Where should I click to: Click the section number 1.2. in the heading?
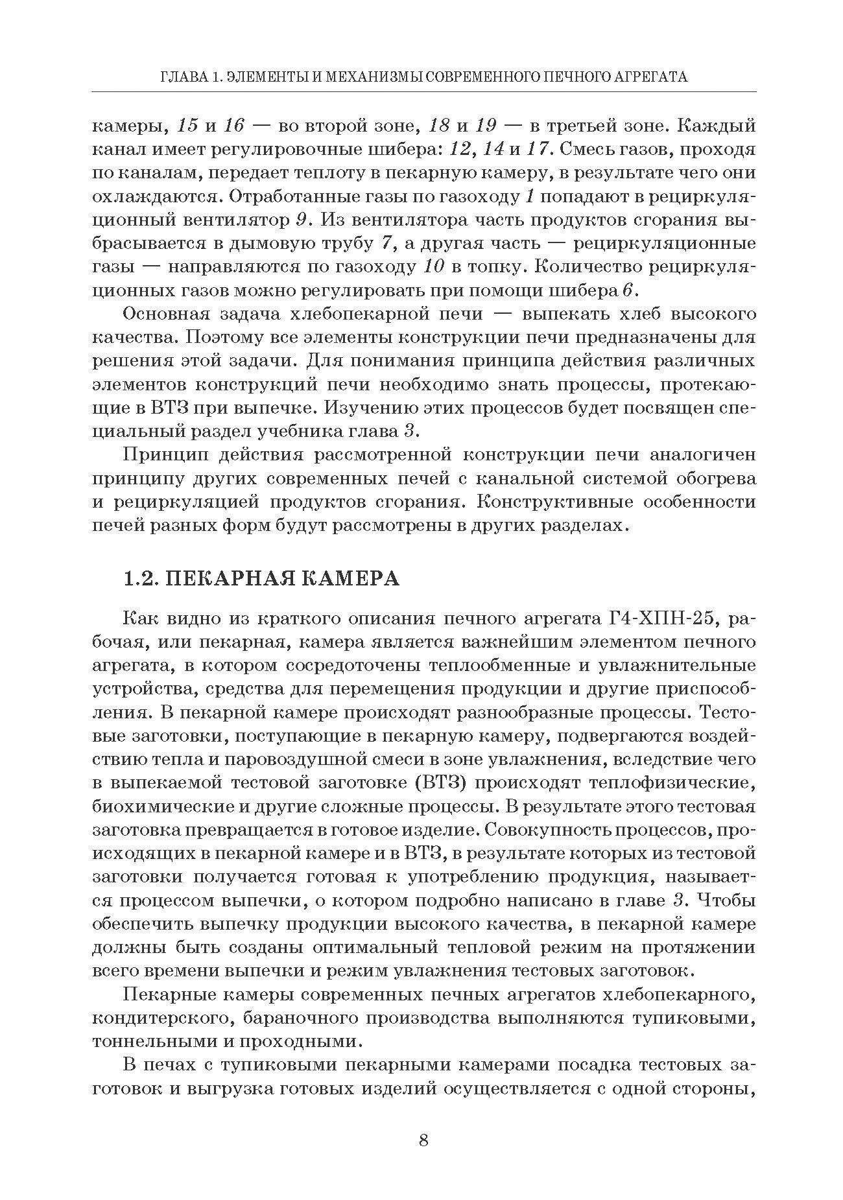pyautogui.click(x=140, y=578)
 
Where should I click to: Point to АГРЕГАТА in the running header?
pyautogui.click(x=652, y=77)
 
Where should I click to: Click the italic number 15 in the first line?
pyautogui.click(x=190, y=126)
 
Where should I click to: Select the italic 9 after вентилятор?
pyautogui.click(x=301, y=220)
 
